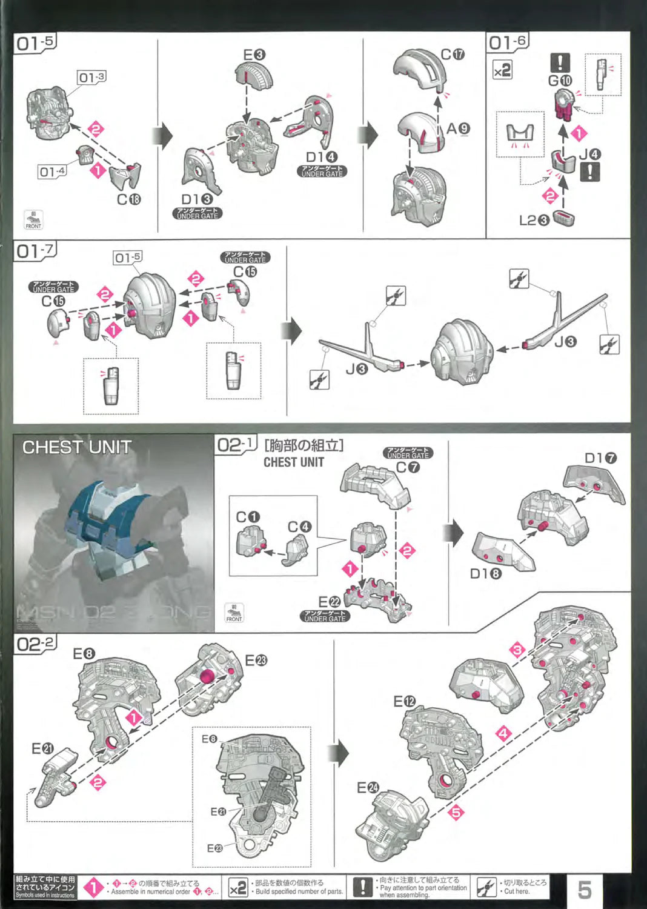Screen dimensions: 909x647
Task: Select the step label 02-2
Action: pos(35,644)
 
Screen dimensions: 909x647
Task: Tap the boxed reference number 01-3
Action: pos(91,77)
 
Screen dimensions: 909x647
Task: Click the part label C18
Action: pos(128,199)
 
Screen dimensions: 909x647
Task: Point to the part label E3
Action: pos(254,55)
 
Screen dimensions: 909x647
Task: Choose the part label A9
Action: pos(458,128)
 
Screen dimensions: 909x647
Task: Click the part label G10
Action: pos(560,81)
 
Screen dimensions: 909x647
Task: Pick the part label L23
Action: pos(534,221)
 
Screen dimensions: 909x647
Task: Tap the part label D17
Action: pos(600,458)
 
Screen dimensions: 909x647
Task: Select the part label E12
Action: pos(405,702)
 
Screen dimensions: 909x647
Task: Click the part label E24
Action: pos(368,787)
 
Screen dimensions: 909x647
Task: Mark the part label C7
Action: pos(408,467)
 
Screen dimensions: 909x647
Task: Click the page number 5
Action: pos(584,889)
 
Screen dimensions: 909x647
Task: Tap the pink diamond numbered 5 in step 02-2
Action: pos(456,811)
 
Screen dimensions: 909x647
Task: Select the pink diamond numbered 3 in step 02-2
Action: pos(517,650)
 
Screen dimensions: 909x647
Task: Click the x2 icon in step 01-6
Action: pos(502,70)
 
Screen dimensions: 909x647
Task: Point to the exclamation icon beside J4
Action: pos(590,172)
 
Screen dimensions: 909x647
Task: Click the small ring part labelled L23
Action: pos(563,218)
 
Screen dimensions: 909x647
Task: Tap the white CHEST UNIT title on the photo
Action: pos(77,447)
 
